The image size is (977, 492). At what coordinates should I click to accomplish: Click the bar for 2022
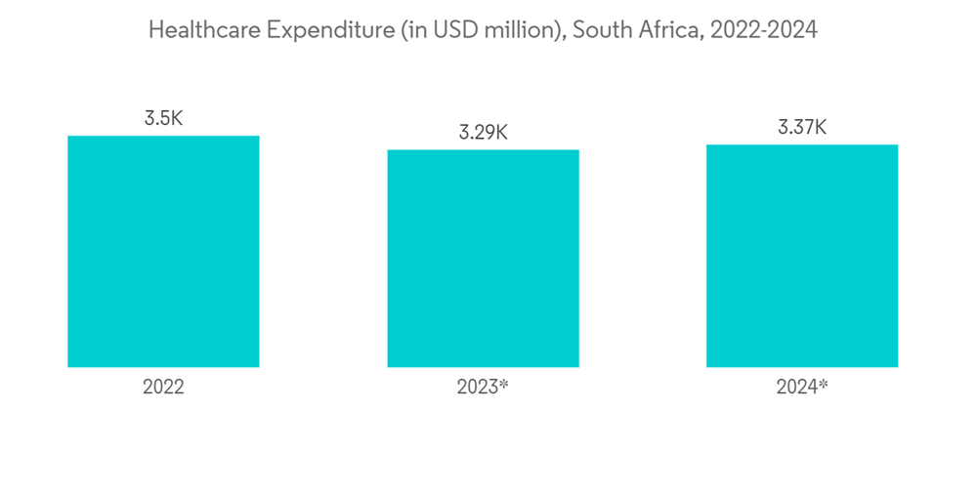tap(163, 251)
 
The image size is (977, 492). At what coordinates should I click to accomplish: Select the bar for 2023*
tap(483, 258)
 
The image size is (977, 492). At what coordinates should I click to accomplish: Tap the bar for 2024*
tap(802, 256)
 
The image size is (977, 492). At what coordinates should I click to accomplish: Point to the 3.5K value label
tap(163, 119)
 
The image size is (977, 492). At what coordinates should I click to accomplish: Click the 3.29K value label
tap(483, 133)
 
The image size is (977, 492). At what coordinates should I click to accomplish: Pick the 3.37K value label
tap(802, 128)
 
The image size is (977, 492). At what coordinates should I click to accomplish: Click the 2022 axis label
tap(163, 387)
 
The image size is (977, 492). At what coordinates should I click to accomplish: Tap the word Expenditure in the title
tap(324, 30)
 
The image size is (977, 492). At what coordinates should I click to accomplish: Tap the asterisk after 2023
tap(504, 384)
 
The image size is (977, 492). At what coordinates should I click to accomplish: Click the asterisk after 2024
tap(824, 384)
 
